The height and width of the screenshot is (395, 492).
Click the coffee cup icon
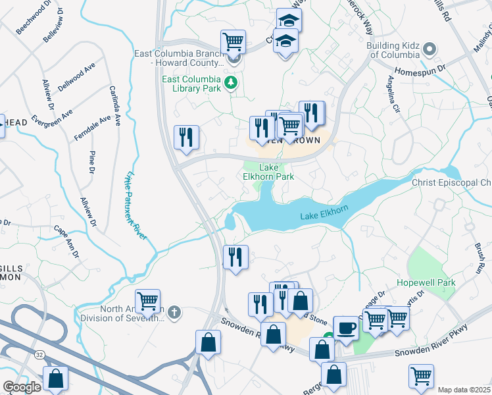(346, 327)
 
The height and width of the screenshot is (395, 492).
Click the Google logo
(22, 387)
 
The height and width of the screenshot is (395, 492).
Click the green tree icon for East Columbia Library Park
(231, 82)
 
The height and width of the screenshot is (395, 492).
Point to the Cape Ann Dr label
(67, 242)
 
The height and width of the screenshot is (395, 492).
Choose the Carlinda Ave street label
(115, 106)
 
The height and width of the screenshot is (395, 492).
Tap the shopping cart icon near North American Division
(147, 301)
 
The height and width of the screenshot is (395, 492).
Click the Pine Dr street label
(91, 163)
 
